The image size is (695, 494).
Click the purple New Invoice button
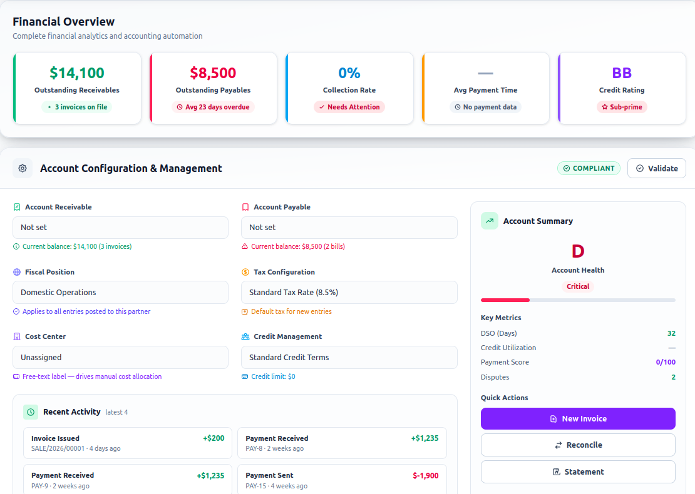pyautogui.click(x=578, y=419)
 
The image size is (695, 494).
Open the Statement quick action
pyautogui.click(x=578, y=472)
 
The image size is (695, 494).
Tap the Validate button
pyautogui.click(x=656, y=168)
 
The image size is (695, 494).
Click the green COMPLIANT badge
pyautogui.click(x=589, y=168)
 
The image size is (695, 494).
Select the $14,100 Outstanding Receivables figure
pyautogui.click(x=77, y=73)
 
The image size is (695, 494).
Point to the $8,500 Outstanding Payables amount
pyautogui.click(x=214, y=73)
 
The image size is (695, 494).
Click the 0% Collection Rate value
pyautogui.click(x=349, y=73)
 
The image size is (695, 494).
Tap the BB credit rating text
pyautogui.click(x=622, y=73)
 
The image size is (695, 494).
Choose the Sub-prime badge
pyautogui.click(x=622, y=107)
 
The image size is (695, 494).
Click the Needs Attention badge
pyautogui.click(x=349, y=107)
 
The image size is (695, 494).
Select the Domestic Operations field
pyautogui.click(x=121, y=292)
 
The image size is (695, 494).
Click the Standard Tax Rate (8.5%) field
pyautogui.click(x=349, y=292)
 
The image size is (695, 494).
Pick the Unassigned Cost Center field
pyautogui.click(x=121, y=357)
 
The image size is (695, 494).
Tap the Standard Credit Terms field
pyautogui.click(x=349, y=357)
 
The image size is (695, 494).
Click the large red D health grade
pyautogui.click(x=578, y=251)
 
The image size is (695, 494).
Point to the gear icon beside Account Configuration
pyautogui.click(x=23, y=168)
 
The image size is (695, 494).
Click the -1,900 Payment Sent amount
pyautogui.click(x=426, y=475)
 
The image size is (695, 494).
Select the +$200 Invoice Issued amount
pyautogui.click(x=214, y=438)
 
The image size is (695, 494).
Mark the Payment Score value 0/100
pyautogui.click(x=666, y=362)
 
